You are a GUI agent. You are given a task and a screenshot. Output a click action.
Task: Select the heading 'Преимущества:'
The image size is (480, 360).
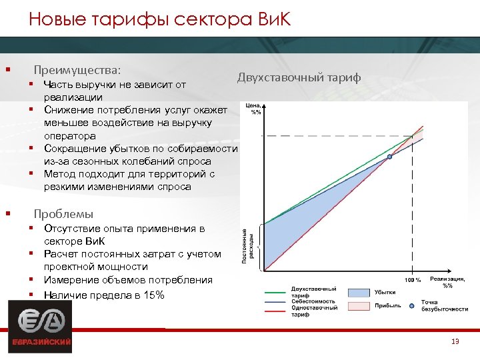[x=77, y=69]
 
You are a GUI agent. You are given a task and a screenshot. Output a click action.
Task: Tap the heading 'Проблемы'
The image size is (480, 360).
[x=63, y=214]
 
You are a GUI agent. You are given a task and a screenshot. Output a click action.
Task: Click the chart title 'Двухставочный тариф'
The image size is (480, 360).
[x=299, y=78]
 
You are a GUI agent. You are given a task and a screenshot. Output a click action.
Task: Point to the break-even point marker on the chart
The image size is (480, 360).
[x=390, y=157]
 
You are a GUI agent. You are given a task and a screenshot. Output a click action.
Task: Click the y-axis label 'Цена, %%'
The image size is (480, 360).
[x=254, y=109]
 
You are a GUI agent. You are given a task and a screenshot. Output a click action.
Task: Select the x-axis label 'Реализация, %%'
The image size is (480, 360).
[x=448, y=282]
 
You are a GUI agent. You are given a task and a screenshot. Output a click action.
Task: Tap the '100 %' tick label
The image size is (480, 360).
[x=413, y=280]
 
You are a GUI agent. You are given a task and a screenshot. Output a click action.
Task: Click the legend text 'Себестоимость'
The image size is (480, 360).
[x=313, y=301]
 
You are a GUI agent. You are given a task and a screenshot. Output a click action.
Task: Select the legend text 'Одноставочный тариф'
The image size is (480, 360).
[x=313, y=311]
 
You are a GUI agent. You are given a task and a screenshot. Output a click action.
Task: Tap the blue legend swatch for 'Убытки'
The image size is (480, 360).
[x=359, y=292]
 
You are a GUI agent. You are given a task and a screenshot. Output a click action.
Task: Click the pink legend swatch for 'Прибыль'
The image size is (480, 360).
[x=359, y=305]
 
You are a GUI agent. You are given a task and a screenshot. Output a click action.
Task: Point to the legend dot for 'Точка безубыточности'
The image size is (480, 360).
[x=413, y=305]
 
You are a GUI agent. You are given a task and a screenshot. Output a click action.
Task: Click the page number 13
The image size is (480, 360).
[x=455, y=342]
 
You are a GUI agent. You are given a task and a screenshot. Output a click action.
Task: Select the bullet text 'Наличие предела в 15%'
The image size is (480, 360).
[x=103, y=295]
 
